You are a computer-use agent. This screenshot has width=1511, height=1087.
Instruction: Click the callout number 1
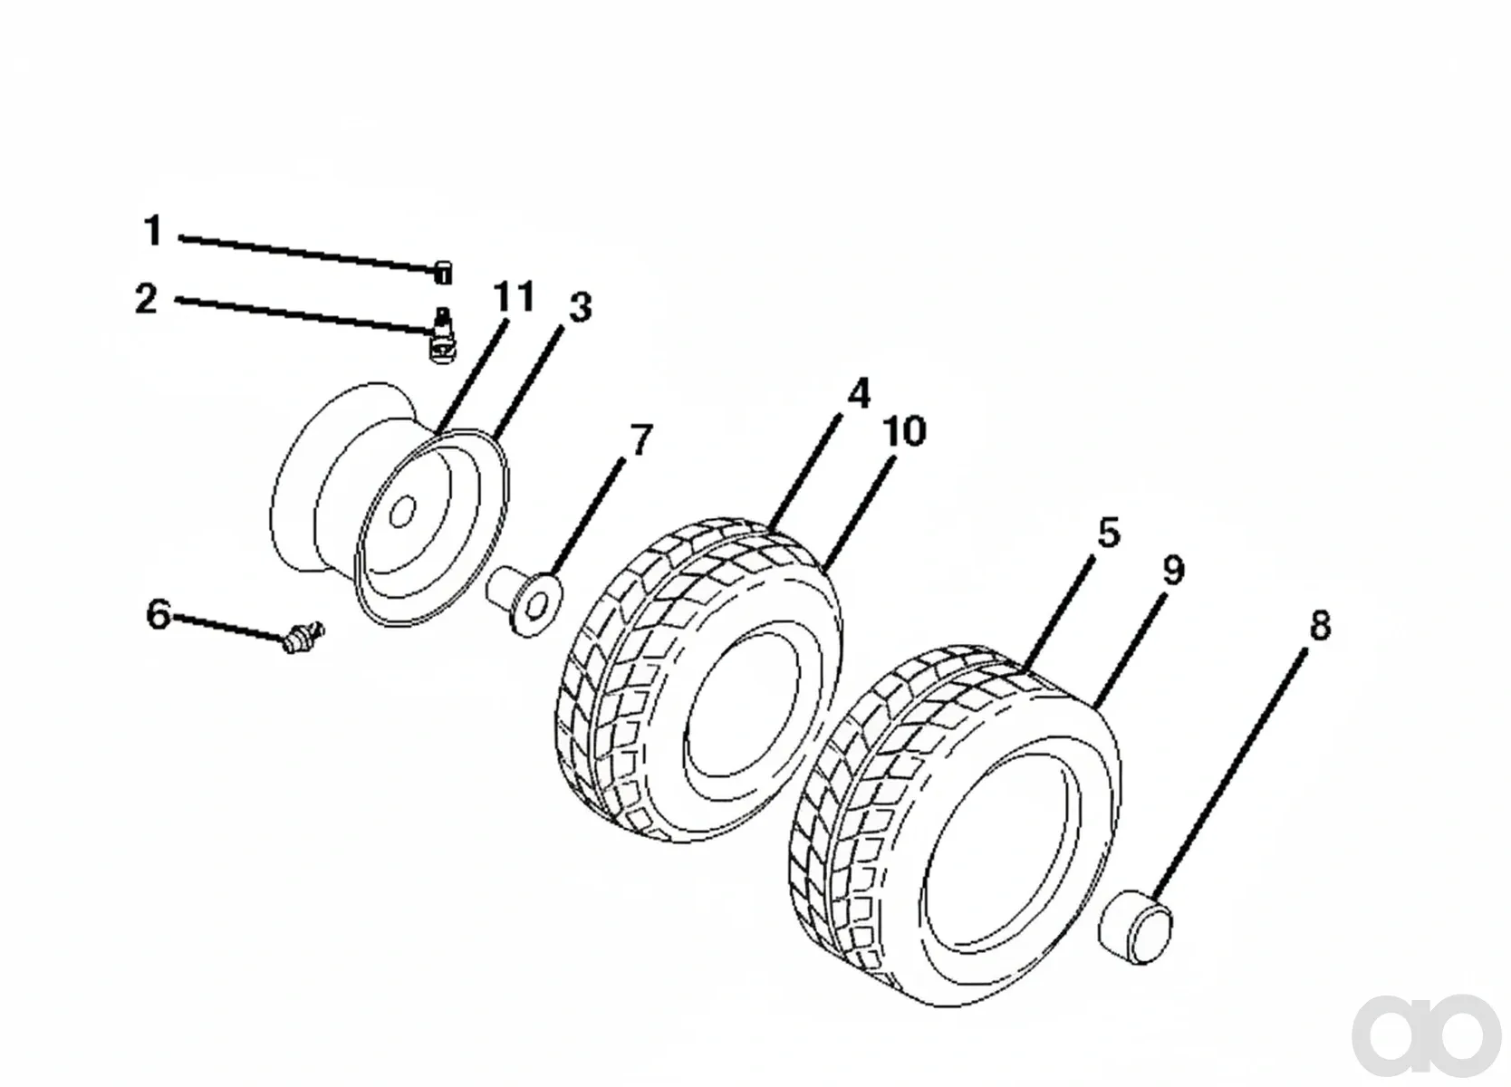(155, 231)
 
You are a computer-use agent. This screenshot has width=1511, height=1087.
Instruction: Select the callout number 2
(147, 298)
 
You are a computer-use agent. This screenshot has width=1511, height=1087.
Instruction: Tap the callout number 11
(514, 296)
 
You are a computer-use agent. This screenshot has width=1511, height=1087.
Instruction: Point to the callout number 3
(581, 307)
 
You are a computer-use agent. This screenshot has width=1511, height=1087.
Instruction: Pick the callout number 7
(640, 439)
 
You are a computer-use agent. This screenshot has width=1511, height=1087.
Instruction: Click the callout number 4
(859, 393)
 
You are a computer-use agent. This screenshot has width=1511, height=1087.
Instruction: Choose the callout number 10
(905, 431)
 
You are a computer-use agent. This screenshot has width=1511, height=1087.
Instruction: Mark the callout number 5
(1109, 532)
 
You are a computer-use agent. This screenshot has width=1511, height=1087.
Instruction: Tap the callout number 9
(1173, 571)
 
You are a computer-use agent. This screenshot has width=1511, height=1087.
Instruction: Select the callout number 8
(1320, 625)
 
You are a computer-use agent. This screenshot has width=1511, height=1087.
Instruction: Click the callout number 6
(159, 615)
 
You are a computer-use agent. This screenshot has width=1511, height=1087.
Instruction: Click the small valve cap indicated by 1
(443, 273)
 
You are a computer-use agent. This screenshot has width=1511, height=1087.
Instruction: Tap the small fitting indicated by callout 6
(303, 637)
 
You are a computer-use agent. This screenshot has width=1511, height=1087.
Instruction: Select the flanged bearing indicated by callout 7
(525, 601)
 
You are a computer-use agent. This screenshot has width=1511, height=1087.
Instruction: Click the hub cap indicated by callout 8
(1135, 927)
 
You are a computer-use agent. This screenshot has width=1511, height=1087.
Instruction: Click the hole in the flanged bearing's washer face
(536, 606)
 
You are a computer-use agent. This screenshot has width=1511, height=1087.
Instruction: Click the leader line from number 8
(1232, 774)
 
